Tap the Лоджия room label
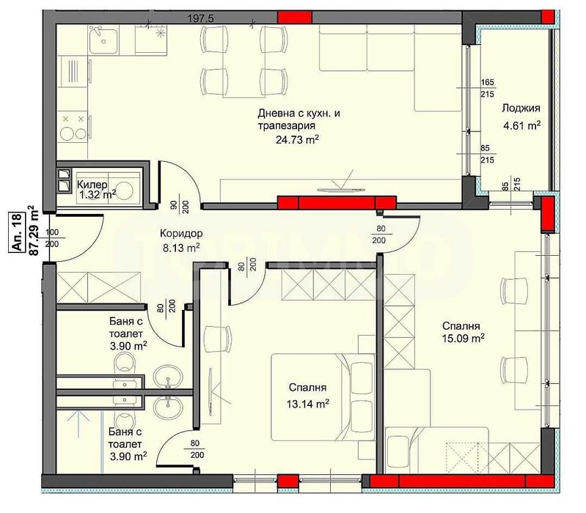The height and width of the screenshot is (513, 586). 521,108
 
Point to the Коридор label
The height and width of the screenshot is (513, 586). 182,235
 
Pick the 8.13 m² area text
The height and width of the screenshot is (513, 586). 180,248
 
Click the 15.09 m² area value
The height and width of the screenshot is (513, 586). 464,338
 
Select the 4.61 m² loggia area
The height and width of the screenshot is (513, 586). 521,125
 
